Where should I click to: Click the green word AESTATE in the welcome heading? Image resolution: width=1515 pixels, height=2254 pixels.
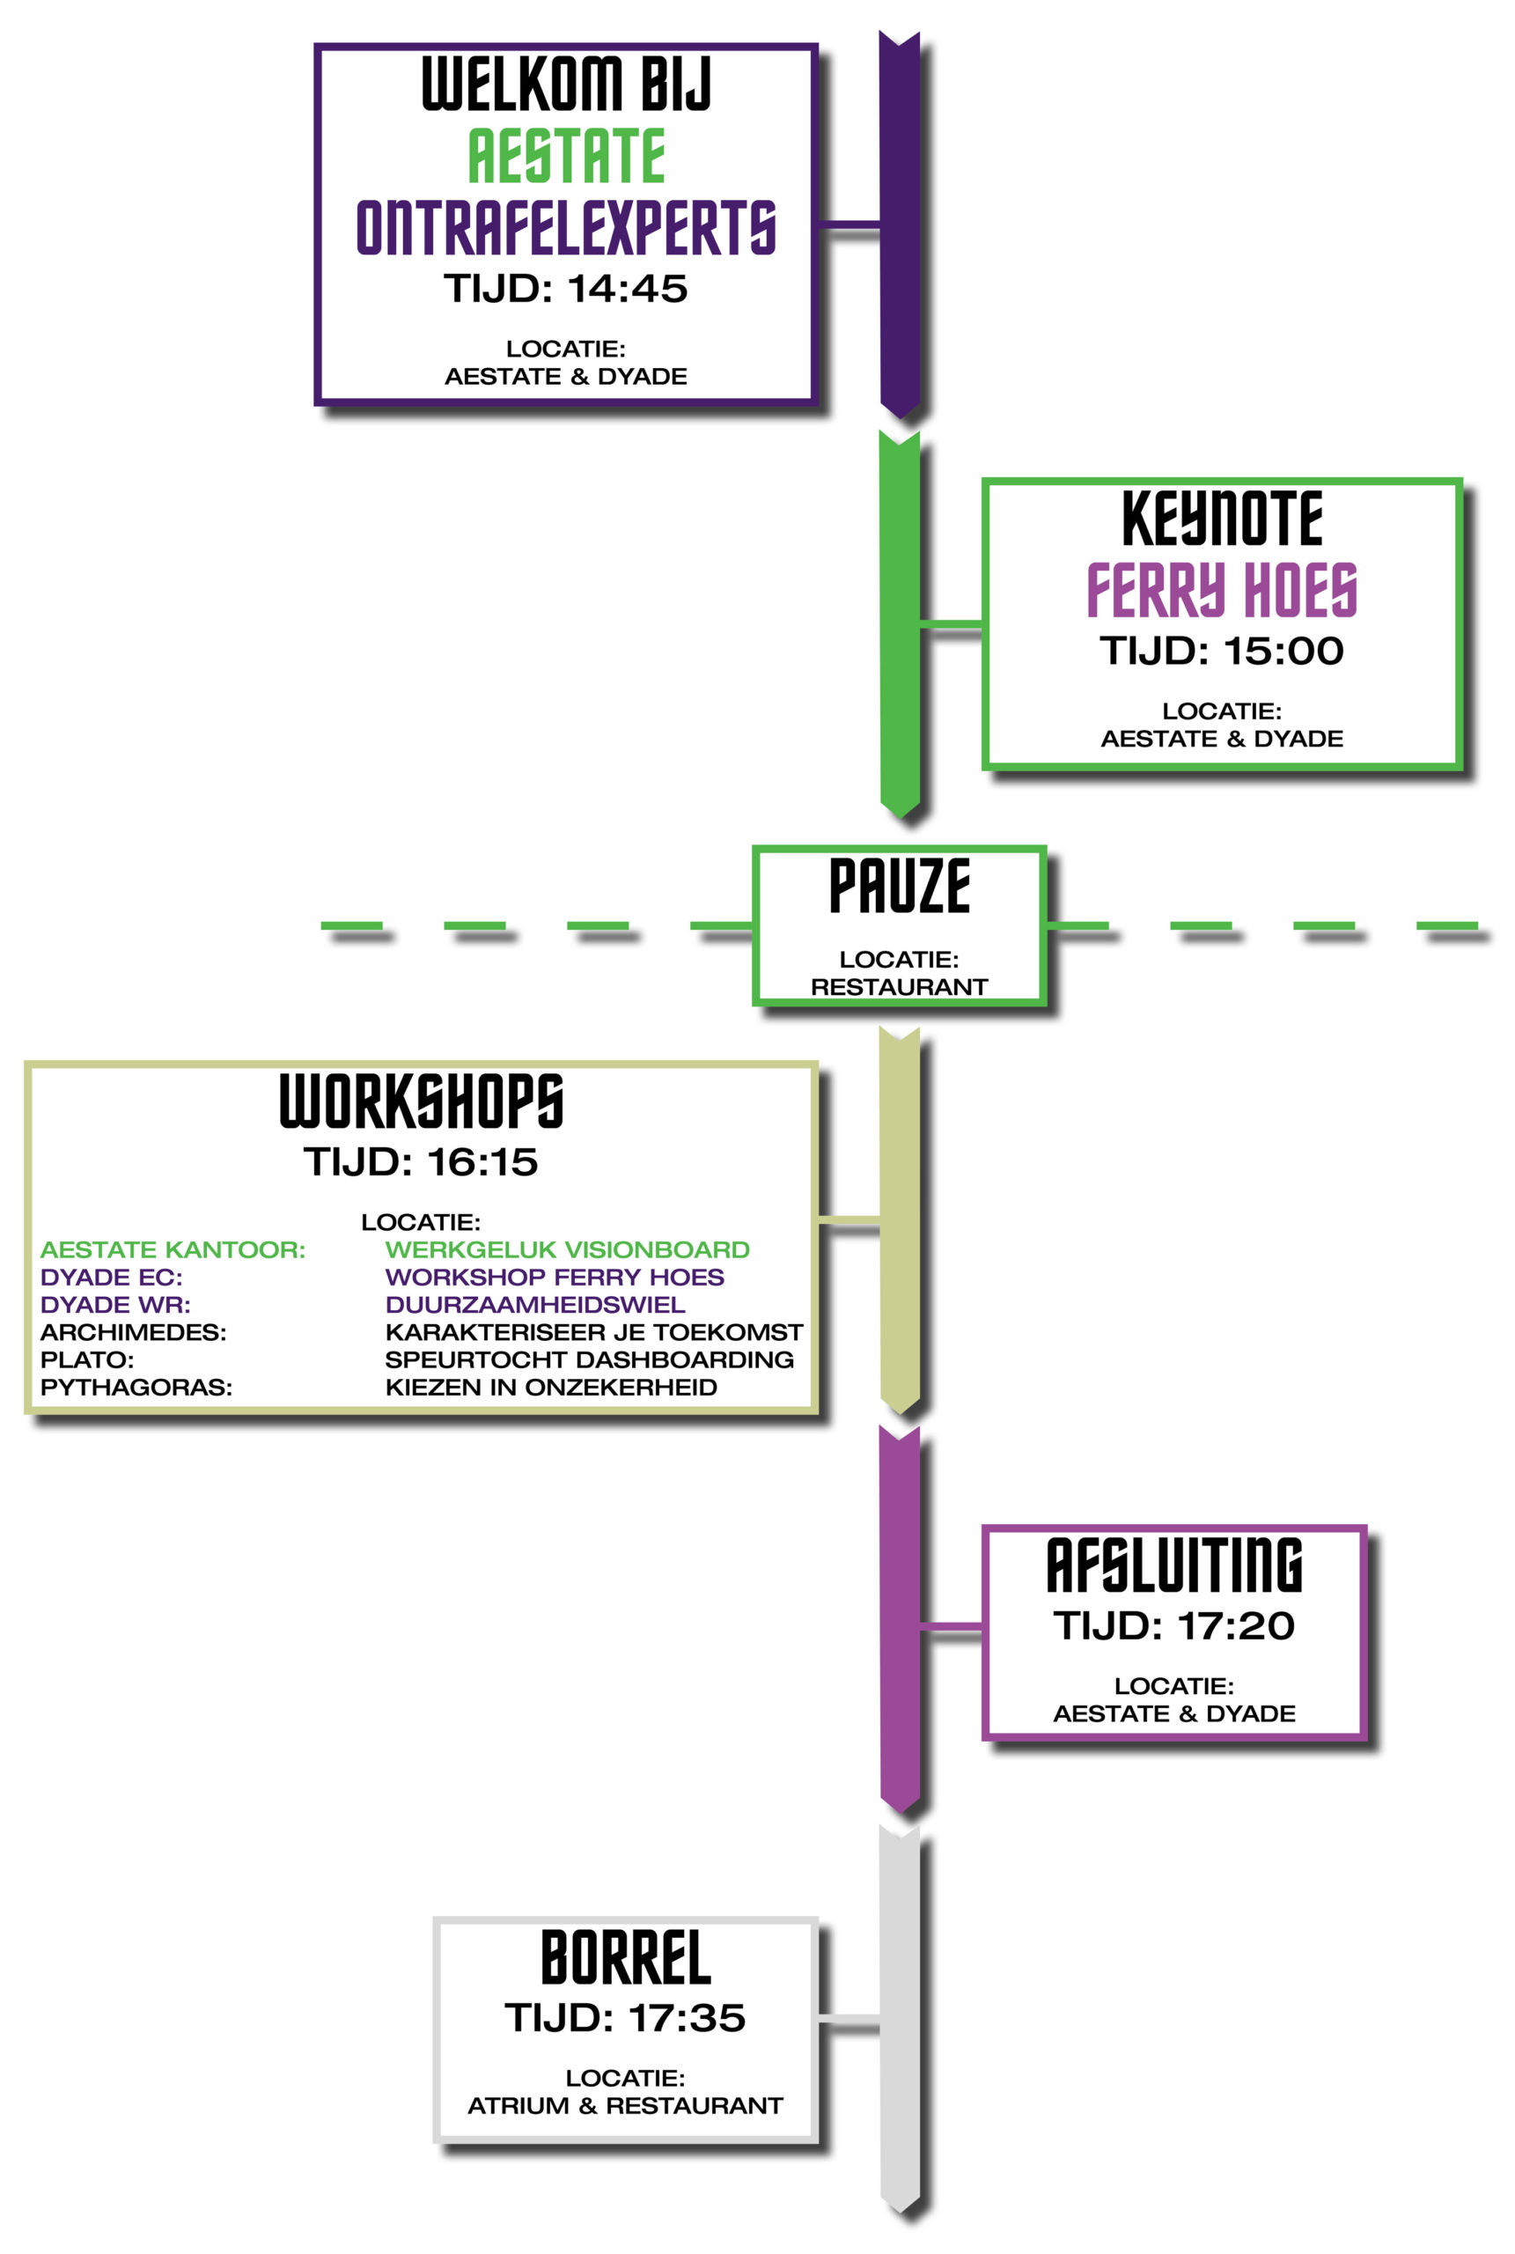coord(566,156)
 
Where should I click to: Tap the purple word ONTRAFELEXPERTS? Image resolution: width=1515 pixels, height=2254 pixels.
coord(566,228)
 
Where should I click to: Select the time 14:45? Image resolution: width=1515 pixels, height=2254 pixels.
coord(626,289)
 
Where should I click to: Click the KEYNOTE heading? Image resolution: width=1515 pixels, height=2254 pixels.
coord(1221,519)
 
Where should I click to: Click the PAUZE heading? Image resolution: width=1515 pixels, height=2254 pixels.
coord(900,886)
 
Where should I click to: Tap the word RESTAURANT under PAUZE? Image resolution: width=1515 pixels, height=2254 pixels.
coord(899,986)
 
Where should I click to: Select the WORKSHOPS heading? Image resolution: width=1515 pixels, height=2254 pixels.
coord(422,1101)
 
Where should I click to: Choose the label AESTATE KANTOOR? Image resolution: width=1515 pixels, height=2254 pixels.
coord(172,1249)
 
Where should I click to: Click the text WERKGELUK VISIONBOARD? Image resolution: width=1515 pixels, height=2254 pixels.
coord(567,1249)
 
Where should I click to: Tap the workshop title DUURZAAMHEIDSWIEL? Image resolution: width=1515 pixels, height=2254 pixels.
coord(535,1304)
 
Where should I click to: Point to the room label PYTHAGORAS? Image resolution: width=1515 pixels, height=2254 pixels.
coord(136,1388)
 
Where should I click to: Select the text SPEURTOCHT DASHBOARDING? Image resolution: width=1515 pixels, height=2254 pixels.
coord(590,1359)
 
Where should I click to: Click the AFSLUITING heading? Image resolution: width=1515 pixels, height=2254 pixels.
coord(1174,1566)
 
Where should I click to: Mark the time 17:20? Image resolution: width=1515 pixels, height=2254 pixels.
coord(1235,1626)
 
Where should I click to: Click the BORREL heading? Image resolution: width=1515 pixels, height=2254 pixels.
coord(625,1958)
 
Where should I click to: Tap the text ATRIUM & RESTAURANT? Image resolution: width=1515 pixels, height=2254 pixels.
coord(625,2105)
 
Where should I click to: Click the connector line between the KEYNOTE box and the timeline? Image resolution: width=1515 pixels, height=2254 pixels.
coord(951,624)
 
